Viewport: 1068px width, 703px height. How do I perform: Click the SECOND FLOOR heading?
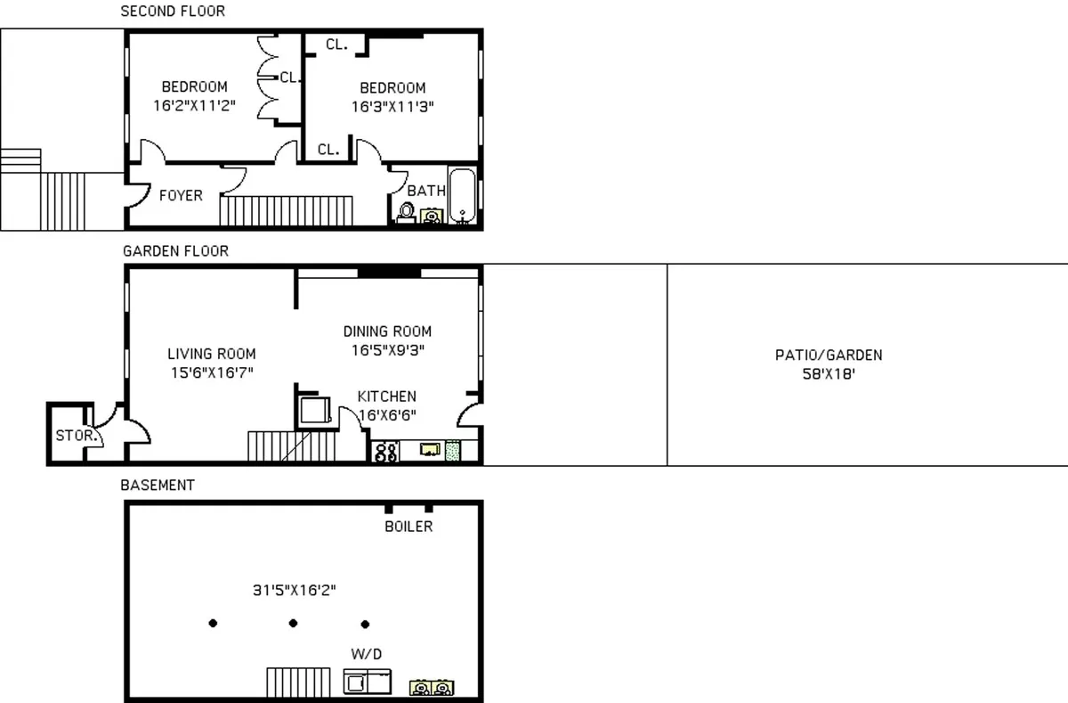173,12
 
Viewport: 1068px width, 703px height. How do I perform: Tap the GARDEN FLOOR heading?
175,251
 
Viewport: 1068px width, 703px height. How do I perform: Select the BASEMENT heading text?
158,486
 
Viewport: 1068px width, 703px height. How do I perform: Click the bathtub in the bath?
462,195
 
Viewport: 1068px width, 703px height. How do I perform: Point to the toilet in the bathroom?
407,214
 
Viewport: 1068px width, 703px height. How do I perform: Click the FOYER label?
181,195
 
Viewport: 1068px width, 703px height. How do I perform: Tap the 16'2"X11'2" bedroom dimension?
194,104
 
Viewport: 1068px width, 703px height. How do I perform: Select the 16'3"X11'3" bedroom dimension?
392,105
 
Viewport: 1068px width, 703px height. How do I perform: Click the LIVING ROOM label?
212,354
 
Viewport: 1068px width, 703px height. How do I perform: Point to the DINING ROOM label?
387,331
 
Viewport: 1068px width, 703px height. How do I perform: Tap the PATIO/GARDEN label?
829,356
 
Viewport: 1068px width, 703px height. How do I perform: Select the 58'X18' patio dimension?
829,374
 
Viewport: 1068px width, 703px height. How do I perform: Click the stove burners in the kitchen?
386,452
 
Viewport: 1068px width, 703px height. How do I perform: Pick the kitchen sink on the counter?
431,450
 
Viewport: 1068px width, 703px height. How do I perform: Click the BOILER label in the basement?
409,527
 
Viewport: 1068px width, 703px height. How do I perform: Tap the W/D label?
367,655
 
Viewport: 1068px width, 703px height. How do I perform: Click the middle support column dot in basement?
293,623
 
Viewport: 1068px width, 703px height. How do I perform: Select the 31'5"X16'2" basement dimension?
295,590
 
